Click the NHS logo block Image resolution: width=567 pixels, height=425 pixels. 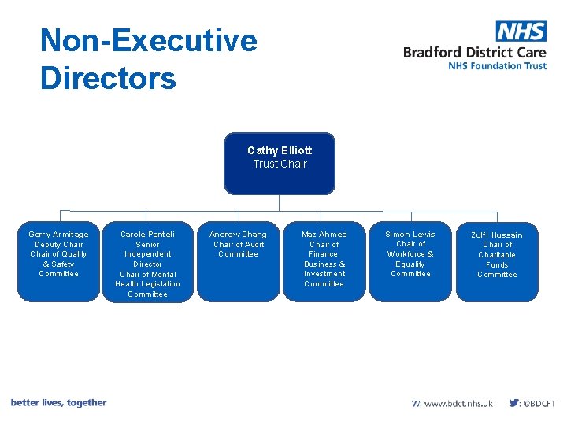521,31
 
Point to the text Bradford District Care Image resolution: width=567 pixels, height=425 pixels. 474,53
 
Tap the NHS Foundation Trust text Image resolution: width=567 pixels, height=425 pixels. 497,66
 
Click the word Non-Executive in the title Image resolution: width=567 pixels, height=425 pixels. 149,40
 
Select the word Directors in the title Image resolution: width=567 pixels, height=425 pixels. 108,79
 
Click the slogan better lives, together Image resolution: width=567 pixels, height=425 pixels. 59,403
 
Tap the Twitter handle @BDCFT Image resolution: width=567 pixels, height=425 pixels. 539,403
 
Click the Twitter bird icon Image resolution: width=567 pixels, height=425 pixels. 514,403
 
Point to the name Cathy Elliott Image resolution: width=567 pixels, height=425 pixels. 280,150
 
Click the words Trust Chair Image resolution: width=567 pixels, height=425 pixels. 280,164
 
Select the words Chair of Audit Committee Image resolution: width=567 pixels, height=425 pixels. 238,249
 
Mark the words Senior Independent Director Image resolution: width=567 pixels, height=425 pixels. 148,254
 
